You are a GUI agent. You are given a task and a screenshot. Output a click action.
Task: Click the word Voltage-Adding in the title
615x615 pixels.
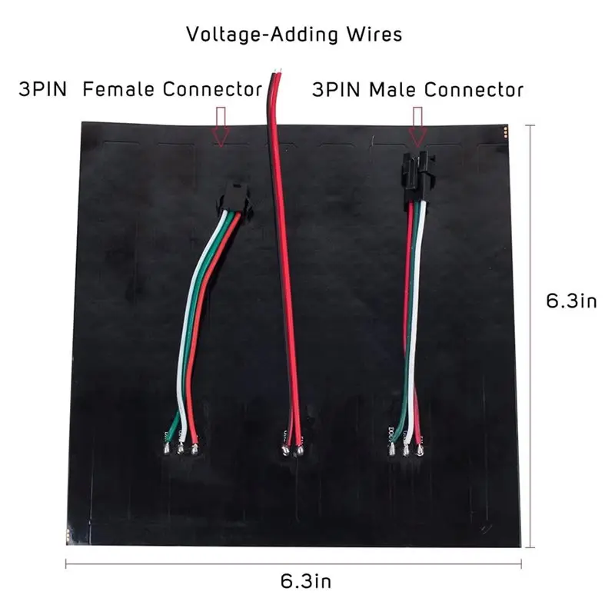click(x=262, y=35)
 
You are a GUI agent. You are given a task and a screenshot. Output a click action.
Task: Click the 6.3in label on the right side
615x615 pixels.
click(x=571, y=301)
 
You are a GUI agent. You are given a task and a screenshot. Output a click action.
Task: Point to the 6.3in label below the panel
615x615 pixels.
click(x=306, y=581)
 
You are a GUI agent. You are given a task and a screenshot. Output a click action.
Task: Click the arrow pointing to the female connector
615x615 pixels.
click(x=221, y=127)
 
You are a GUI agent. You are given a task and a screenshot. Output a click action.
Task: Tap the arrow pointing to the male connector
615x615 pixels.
click(x=418, y=126)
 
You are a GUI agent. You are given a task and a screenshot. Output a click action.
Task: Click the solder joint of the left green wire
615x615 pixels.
click(x=167, y=447)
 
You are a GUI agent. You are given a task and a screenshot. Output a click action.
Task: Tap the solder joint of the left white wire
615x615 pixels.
click(x=181, y=447)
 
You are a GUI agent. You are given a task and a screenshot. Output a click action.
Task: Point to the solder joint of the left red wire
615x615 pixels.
click(x=194, y=447)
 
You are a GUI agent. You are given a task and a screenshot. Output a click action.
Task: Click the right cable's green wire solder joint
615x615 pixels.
click(x=392, y=449)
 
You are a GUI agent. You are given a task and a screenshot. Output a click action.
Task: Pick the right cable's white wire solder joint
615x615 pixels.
click(x=406, y=449)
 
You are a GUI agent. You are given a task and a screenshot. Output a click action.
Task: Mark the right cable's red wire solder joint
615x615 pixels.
click(x=420, y=449)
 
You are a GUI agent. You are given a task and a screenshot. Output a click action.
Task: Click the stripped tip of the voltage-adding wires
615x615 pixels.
click(x=278, y=71)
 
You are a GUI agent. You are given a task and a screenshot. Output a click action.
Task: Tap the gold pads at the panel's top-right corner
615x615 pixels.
click(x=505, y=132)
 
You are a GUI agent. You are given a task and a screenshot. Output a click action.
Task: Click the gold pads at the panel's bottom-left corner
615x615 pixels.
click(x=68, y=535)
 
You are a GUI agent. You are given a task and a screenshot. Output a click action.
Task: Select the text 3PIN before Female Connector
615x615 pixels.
click(x=43, y=89)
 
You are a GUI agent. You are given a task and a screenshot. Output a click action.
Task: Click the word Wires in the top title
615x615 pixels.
click(x=374, y=35)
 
